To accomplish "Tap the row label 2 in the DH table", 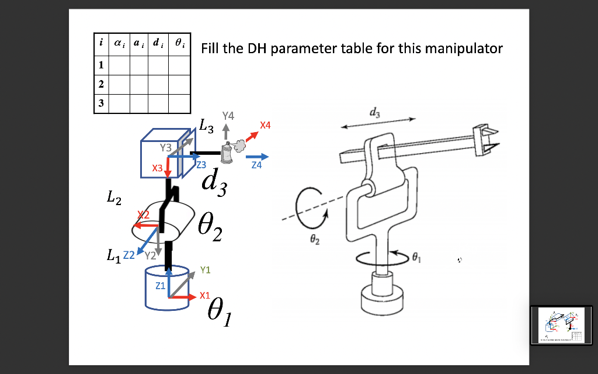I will coord(101,84).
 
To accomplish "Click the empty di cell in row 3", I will coord(158,103).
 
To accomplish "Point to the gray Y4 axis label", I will coord(228,115).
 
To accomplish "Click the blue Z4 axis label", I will coord(256,167).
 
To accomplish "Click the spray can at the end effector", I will coord(225,153).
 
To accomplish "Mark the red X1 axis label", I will coord(204,296).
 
